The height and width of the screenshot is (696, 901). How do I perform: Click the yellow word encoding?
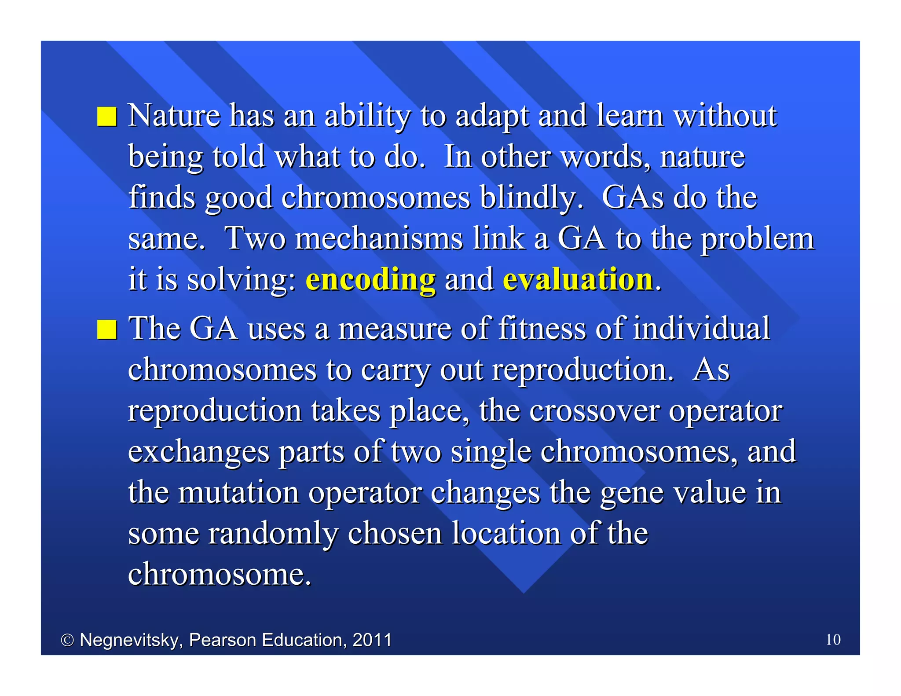point(370,280)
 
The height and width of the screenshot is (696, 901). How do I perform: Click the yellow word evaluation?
point(578,280)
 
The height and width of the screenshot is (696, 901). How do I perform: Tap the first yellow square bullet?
point(107,117)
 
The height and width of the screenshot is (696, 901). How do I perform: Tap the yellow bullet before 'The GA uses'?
point(107,330)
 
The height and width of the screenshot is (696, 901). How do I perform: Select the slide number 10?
point(833,639)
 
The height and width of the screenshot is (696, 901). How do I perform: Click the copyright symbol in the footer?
point(67,640)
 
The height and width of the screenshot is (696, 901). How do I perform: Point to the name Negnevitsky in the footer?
point(131,640)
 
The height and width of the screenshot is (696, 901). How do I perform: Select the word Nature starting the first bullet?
point(174,116)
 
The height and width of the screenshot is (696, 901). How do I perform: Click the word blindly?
point(531,198)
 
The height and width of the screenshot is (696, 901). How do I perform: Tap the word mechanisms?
point(379,238)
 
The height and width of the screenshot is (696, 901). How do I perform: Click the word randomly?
point(273,534)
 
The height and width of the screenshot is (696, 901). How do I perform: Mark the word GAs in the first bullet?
point(633,198)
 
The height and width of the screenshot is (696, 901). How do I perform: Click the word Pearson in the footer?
point(223,640)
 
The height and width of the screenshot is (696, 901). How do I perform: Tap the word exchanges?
point(198,452)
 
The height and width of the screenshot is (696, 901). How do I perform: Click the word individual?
point(701,329)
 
